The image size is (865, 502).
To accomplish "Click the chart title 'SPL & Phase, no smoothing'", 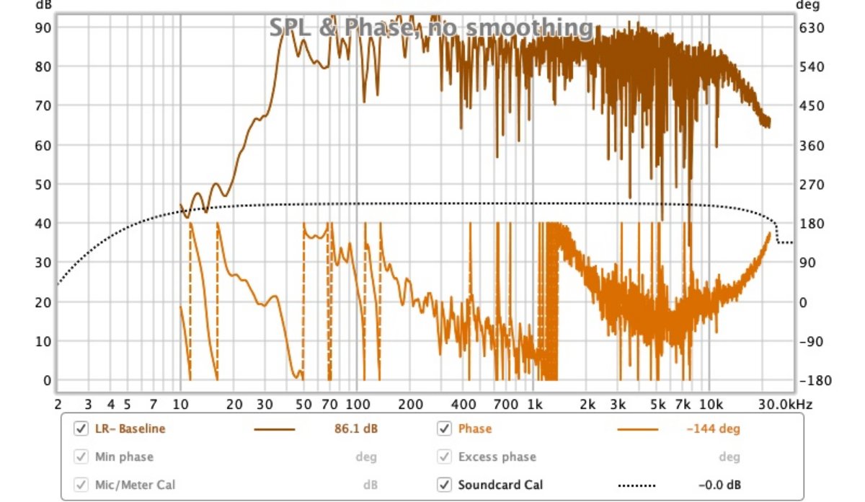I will pyautogui.click(x=432, y=27).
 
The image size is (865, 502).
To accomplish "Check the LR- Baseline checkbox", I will pyautogui.click(x=81, y=429).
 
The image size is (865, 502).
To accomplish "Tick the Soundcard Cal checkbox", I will pyautogui.click(x=444, y=485).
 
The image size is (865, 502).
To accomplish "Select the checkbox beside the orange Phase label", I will pyautogui.click(x=444, y=429).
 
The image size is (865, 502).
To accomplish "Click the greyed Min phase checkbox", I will pyautogui.click(x=81, y=457).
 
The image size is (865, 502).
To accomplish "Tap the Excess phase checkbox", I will pyautogui.click(x=444, y=457).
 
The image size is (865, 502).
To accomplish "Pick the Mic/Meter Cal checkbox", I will pyautogui.click(x=81, y=485).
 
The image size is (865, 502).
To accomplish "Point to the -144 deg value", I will pyautogui.click(x=713, y=429).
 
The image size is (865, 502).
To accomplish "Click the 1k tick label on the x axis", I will pyautogui.click(x=533, y=405).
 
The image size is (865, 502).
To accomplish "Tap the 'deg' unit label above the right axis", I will pyautogui.click(x=804, y=5).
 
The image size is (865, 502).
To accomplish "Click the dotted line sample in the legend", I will pyautogui.click(x=637, y=485).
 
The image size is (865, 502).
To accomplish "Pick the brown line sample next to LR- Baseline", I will pyautogui.click(x=275, y=429).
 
